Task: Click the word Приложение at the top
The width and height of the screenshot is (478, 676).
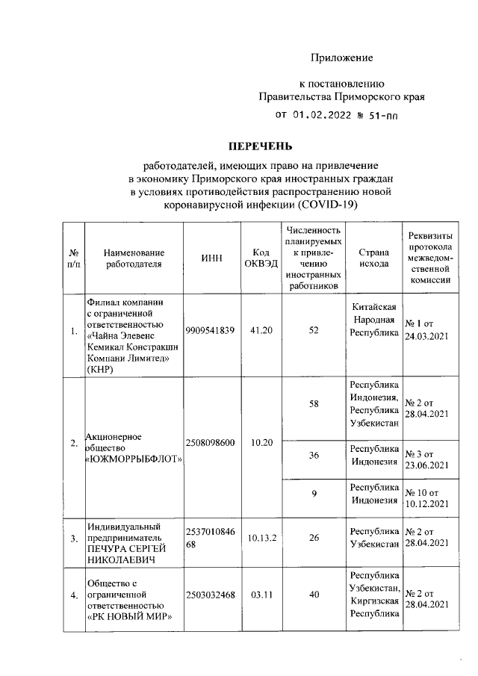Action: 341,58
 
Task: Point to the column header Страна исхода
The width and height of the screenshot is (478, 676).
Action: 373,258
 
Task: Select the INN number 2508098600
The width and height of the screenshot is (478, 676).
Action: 211,443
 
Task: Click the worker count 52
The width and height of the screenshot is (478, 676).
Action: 314,331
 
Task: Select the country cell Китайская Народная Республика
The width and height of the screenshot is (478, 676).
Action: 373,320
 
